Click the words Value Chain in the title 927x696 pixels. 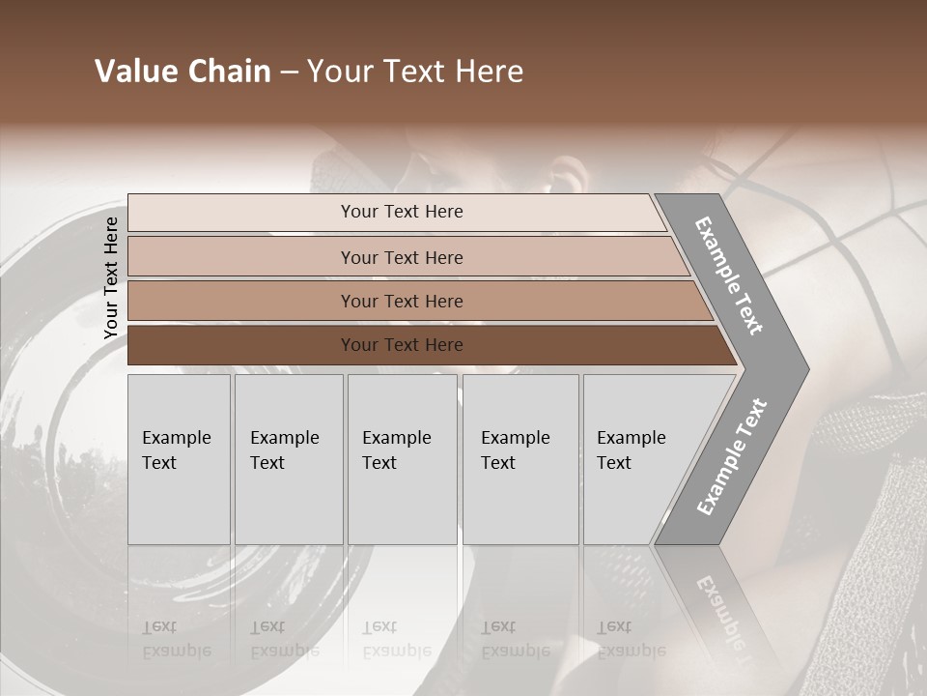click(x=183, y=72)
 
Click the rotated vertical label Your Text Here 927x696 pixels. click(x=111, y=277)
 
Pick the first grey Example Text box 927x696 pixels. click(x=179, y=459)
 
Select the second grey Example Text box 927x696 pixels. click(x=289, y=459)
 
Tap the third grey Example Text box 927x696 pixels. click(x=402, y=459)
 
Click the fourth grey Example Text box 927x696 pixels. click(x=520, y=459)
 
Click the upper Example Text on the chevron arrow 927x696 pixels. click(x=729, y=275)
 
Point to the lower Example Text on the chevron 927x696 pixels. click(x=732, y=457)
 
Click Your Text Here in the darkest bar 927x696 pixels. click(x=402, y=345)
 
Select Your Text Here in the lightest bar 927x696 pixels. click(x=402, y=212)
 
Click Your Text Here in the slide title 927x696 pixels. click(x=414, y=72)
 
